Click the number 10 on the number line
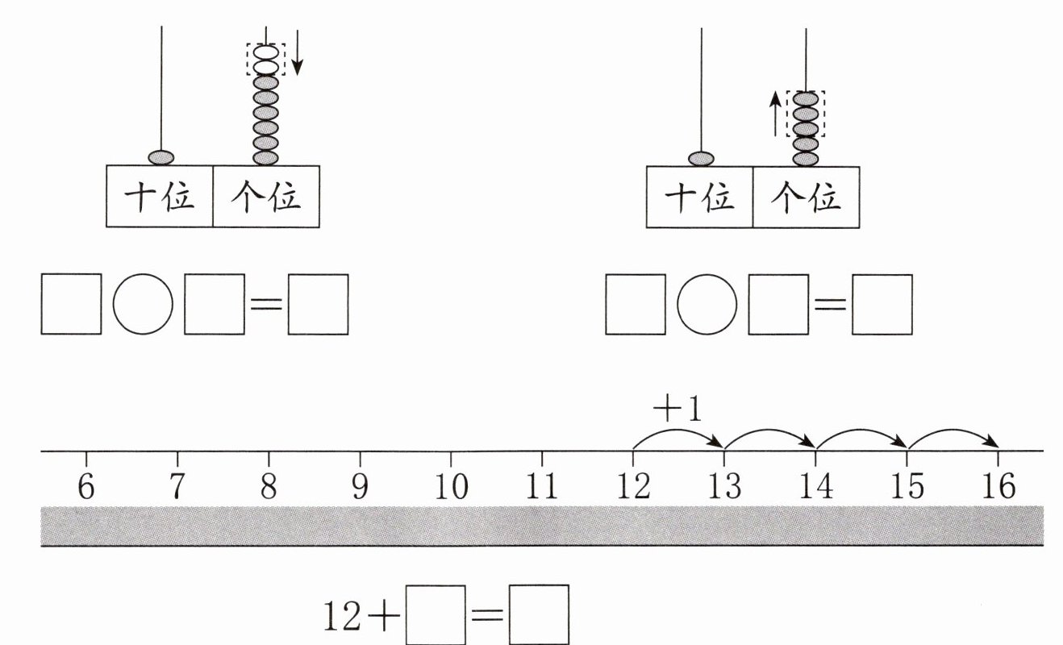452,487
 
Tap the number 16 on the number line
999,485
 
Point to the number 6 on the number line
85,487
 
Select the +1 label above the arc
677,409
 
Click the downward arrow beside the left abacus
297,52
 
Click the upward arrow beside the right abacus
775,114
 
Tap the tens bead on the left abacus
161,158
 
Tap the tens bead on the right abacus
701,158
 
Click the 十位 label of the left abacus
160,197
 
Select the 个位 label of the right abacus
806,197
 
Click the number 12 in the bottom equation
342,617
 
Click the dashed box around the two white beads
266,44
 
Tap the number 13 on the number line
724,486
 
